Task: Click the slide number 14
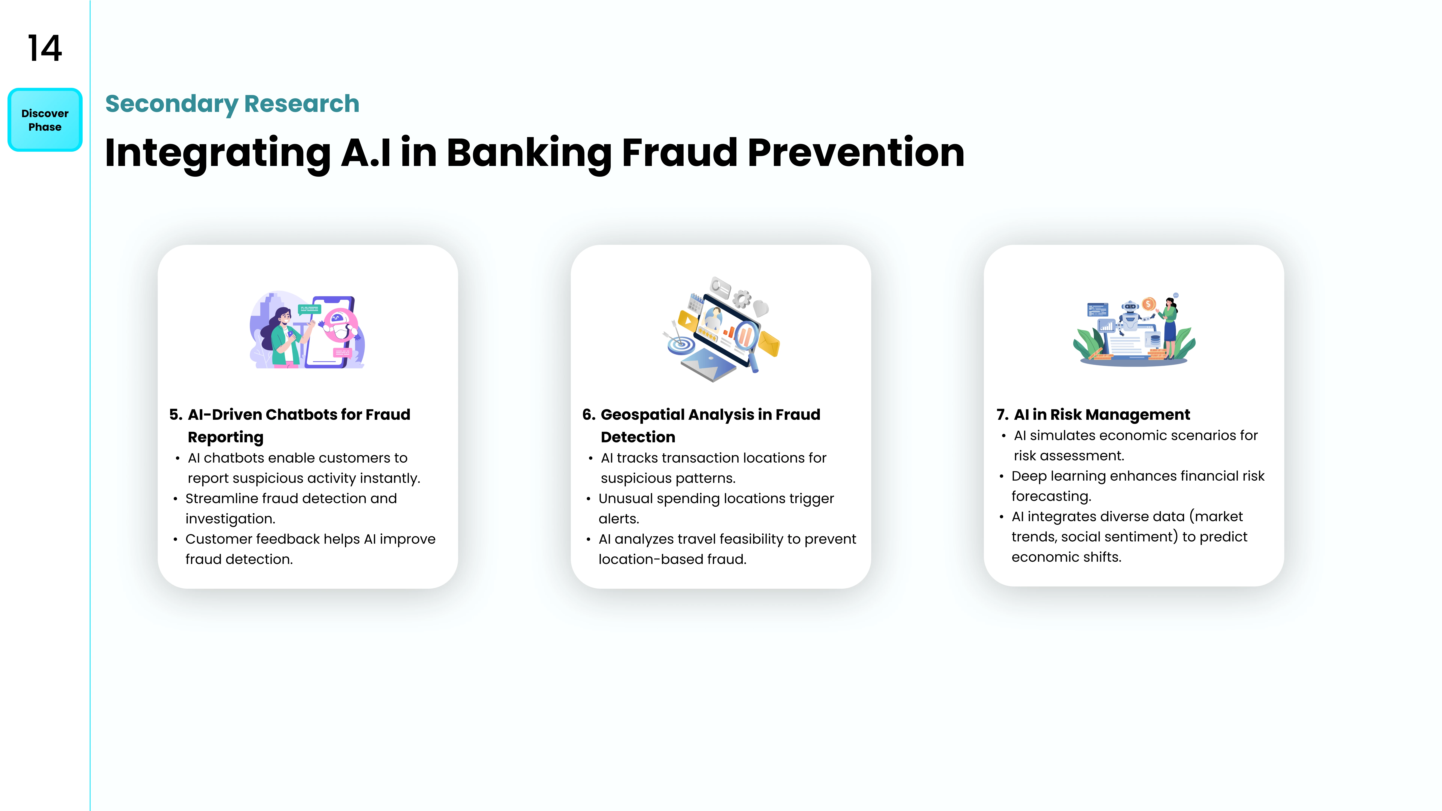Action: tap(45, 48)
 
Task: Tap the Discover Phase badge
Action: tap(45, 120)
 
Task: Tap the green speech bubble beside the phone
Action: tap(310, 308)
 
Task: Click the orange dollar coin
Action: tap(1149, 304)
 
